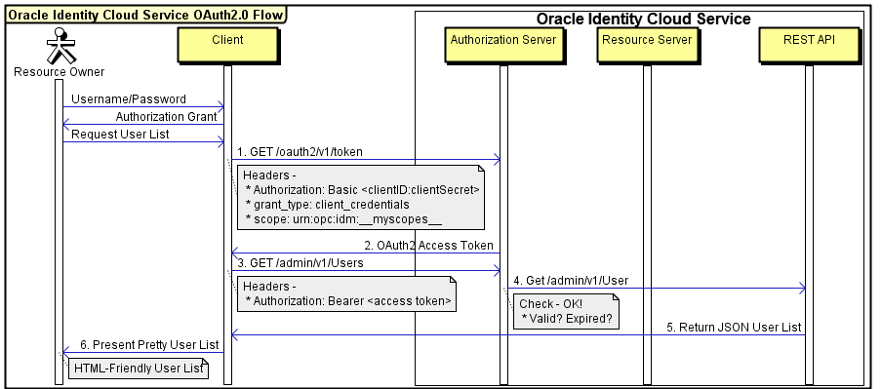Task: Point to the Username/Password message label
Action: point(128,99)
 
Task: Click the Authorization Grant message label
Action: point(166,117)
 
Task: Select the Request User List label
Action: point(120,135)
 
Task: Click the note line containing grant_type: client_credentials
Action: point(326,205)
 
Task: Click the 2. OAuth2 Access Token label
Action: point(428,245)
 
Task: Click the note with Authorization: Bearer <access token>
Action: point(346,293)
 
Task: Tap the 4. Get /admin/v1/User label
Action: point(571,281)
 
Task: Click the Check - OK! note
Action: point(562,311)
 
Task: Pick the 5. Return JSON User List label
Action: point(734,327)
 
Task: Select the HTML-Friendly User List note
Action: point(138,369)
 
